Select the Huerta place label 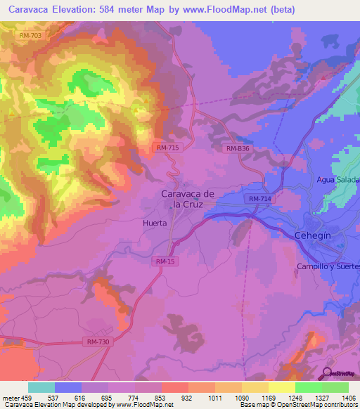click(x=153, y=223)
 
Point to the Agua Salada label click(x=337, y=180)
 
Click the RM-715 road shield click(x=167, y=147)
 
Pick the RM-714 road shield click(x=260, y=200)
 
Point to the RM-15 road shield click(x=164, y=261)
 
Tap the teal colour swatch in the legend click(x=41, y=387)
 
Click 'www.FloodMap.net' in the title click(x=231, y=9)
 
